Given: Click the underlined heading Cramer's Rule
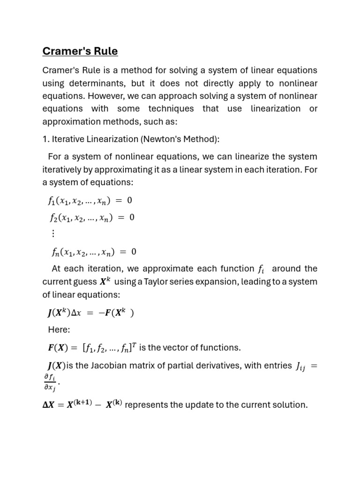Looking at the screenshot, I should [x=80, y=51].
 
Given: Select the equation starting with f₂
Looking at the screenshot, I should [x=92, y=217].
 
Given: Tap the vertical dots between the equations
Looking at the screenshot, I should [x=52, y=233].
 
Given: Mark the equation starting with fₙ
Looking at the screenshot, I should [x=94, y=252].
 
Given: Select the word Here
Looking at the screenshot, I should [x=59, y=330].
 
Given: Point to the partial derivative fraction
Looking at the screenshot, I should [x=50, y=382].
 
